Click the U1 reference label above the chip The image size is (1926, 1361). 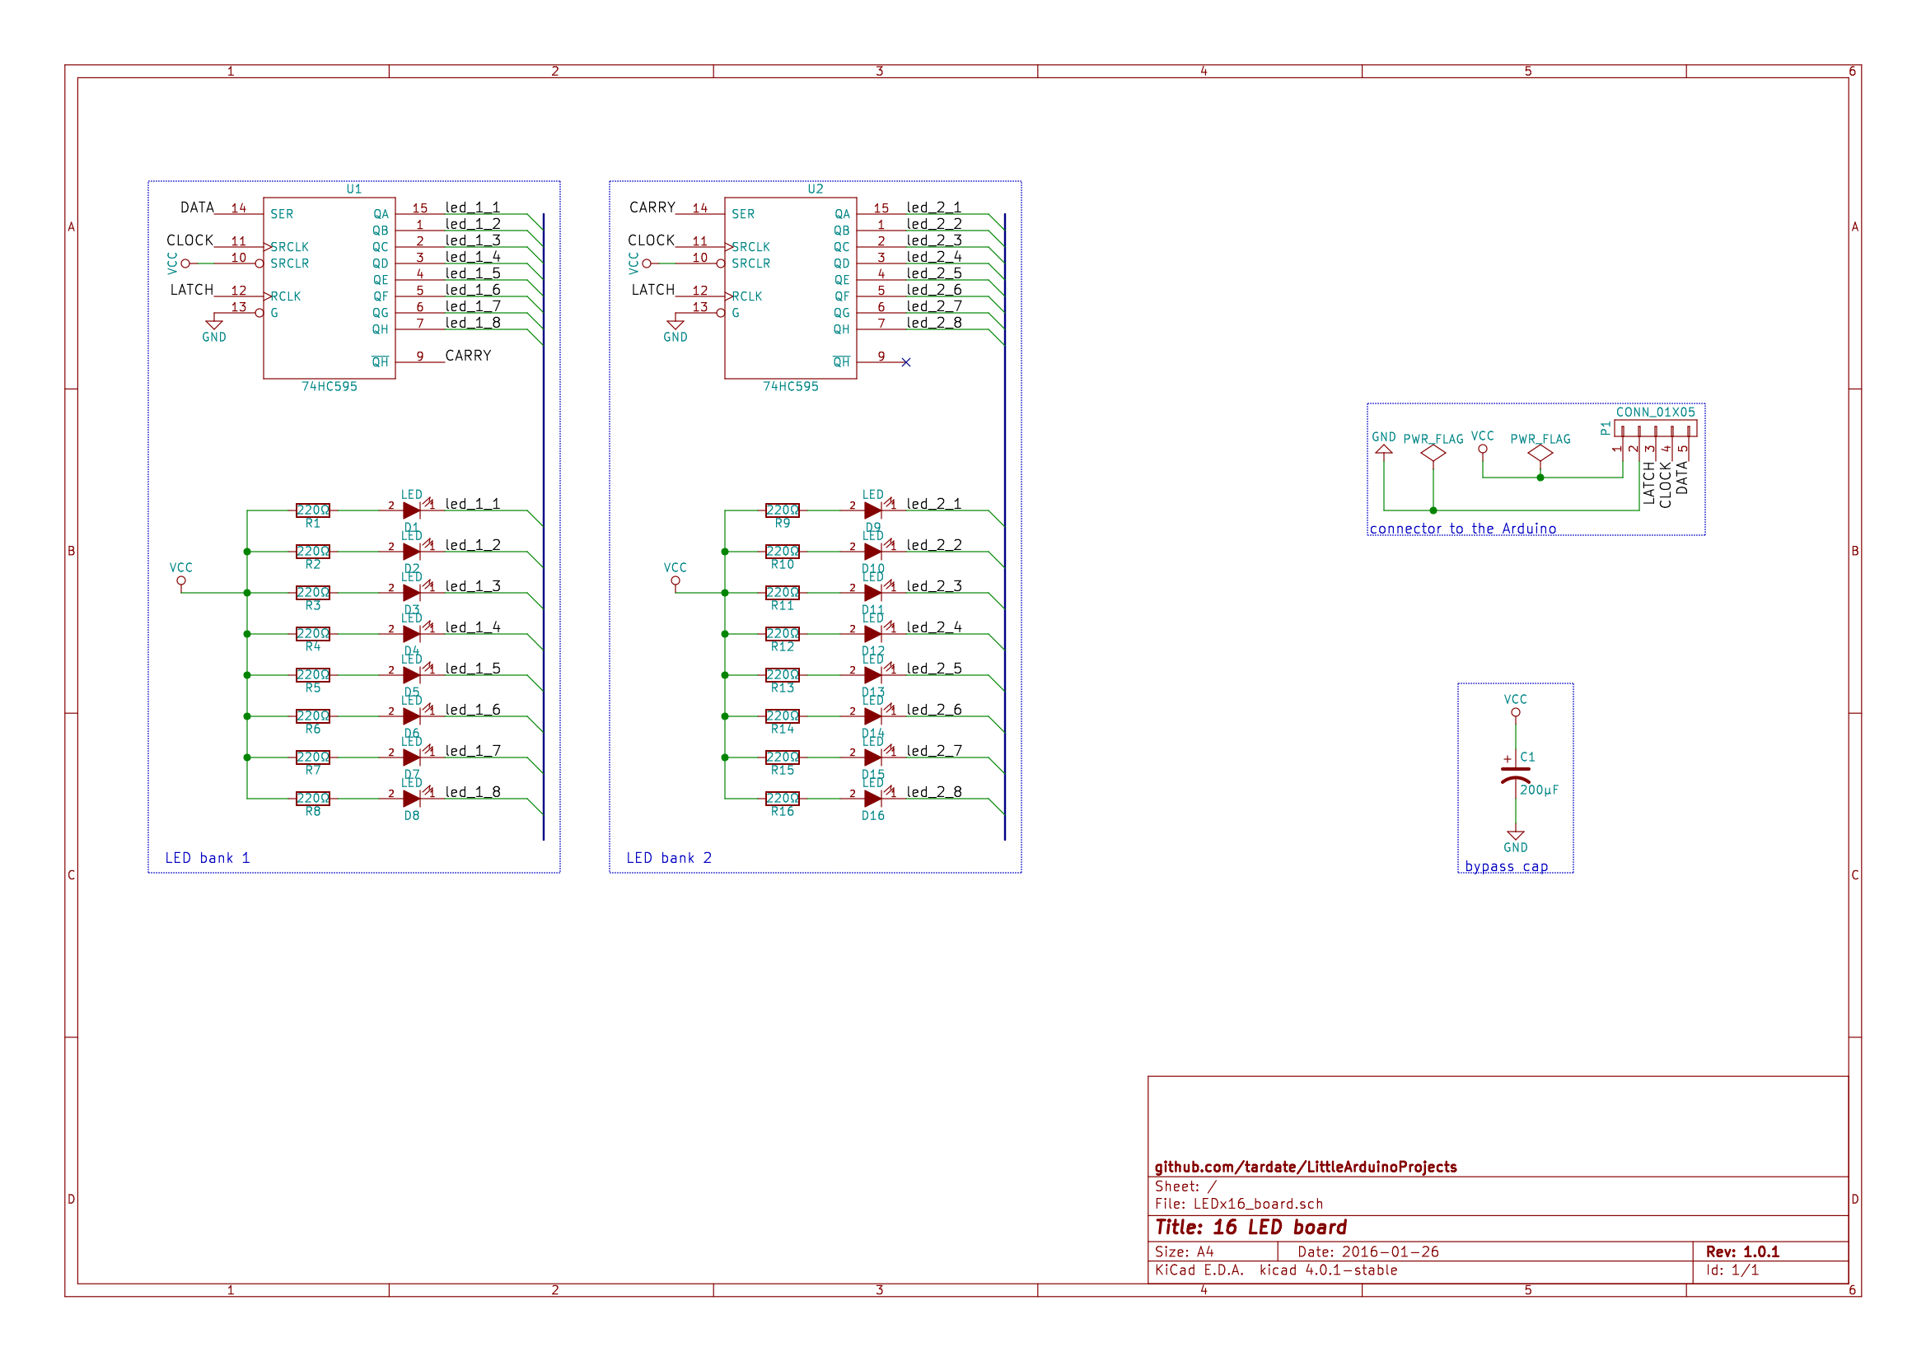(x=354, y=189)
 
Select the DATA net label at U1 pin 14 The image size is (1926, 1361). (x=197, y=207)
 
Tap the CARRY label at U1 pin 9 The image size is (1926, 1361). (x=468, y=356)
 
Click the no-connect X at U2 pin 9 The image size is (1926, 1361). (x=906, y=362)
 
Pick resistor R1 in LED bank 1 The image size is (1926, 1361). (x=313, y=510)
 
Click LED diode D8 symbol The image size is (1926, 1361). (x=411, y=799)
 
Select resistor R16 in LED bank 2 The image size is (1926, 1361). (x=782, y=799)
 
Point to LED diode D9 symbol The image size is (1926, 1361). (x=872, y=510)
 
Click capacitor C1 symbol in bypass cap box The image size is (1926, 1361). (x=1515, y=774)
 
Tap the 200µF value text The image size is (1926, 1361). (x=1539, y=790)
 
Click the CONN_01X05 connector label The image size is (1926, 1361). (x=1655, y=412)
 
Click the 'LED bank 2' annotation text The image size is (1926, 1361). (x=669, y=858)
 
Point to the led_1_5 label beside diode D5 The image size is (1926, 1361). (x=472, y=669)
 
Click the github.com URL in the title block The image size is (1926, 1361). (x=1305, y=1167)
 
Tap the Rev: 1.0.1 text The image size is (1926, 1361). (x=1741, y=1251)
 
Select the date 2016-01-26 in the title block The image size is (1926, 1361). (x=1390, y=1251)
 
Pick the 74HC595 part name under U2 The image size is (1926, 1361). (x=790, y=387)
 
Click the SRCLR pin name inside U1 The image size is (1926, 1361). (x=289, y=263)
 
